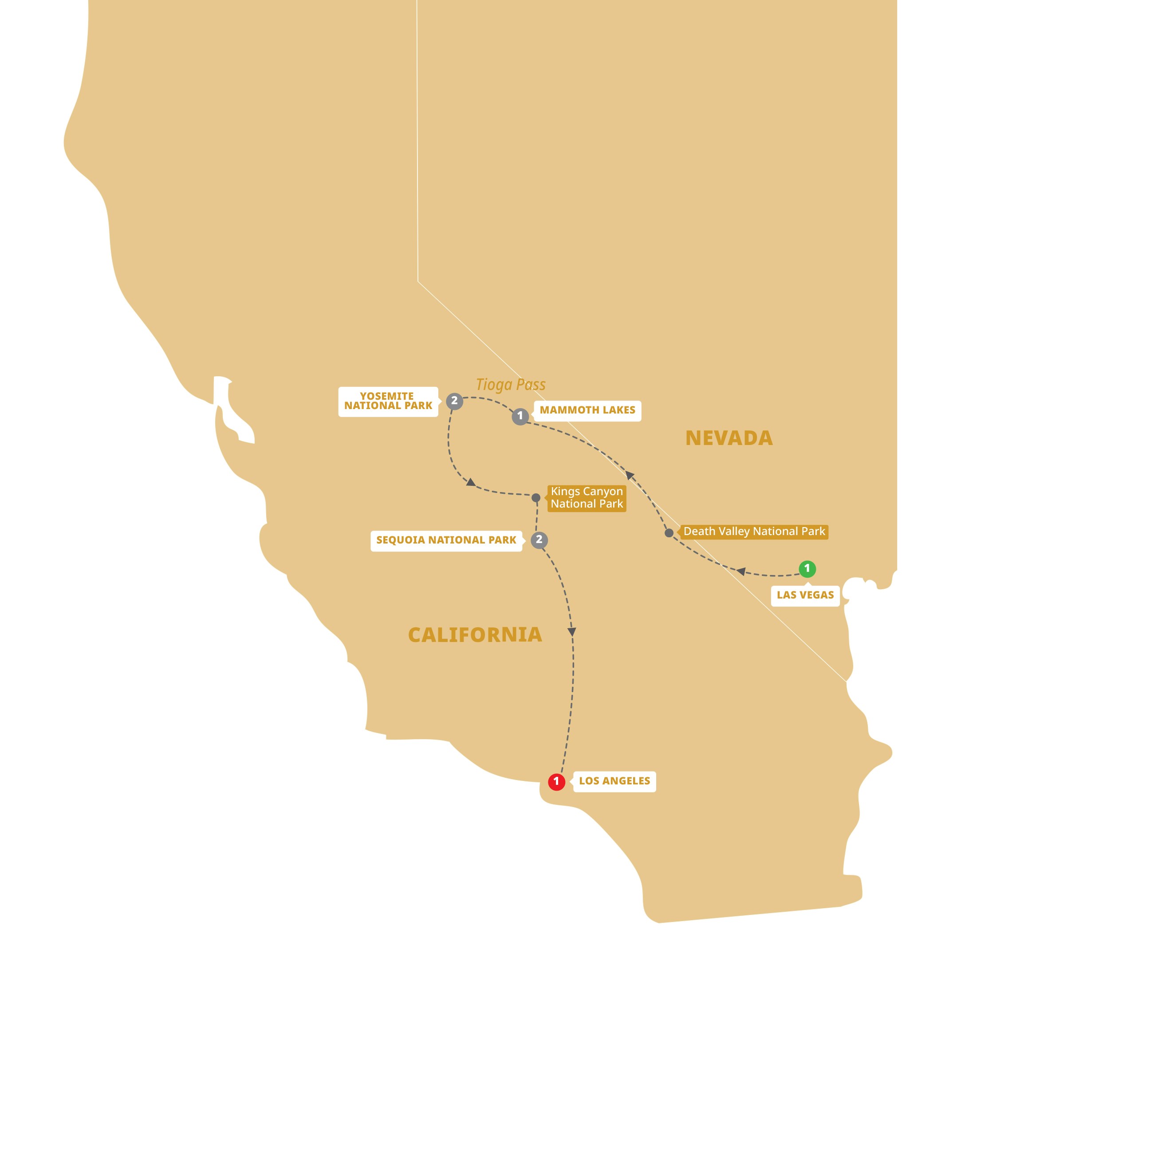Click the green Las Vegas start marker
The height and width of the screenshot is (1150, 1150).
tap(807, 568)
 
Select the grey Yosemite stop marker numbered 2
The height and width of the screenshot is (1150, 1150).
tap(454, 401)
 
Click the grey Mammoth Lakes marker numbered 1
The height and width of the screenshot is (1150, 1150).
tap(520, 416)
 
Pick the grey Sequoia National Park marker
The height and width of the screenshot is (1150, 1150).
tap(539, 540)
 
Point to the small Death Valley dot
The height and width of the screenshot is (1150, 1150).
tap(669, 533)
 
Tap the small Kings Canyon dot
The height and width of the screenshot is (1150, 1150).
tap(536, 498)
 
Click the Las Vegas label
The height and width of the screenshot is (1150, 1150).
tap(805, 595)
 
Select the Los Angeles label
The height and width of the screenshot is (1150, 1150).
tap(614, 781)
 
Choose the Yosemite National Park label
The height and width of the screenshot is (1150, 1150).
tap(388, 401)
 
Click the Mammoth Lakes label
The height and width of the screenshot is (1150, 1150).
tap(587, 410)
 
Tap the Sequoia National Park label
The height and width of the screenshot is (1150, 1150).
tap(446, 540)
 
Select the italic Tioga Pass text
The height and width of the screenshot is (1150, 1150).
tap(511, 385)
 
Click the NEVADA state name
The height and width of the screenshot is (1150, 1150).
tap(729, 438)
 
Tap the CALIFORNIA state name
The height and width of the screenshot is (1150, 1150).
tap(475, 634)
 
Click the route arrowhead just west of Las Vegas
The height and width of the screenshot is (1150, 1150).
tap(741, 571)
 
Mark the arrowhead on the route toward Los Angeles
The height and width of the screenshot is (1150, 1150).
tap(572, 631)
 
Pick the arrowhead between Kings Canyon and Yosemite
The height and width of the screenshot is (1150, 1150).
tap(471, 483)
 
